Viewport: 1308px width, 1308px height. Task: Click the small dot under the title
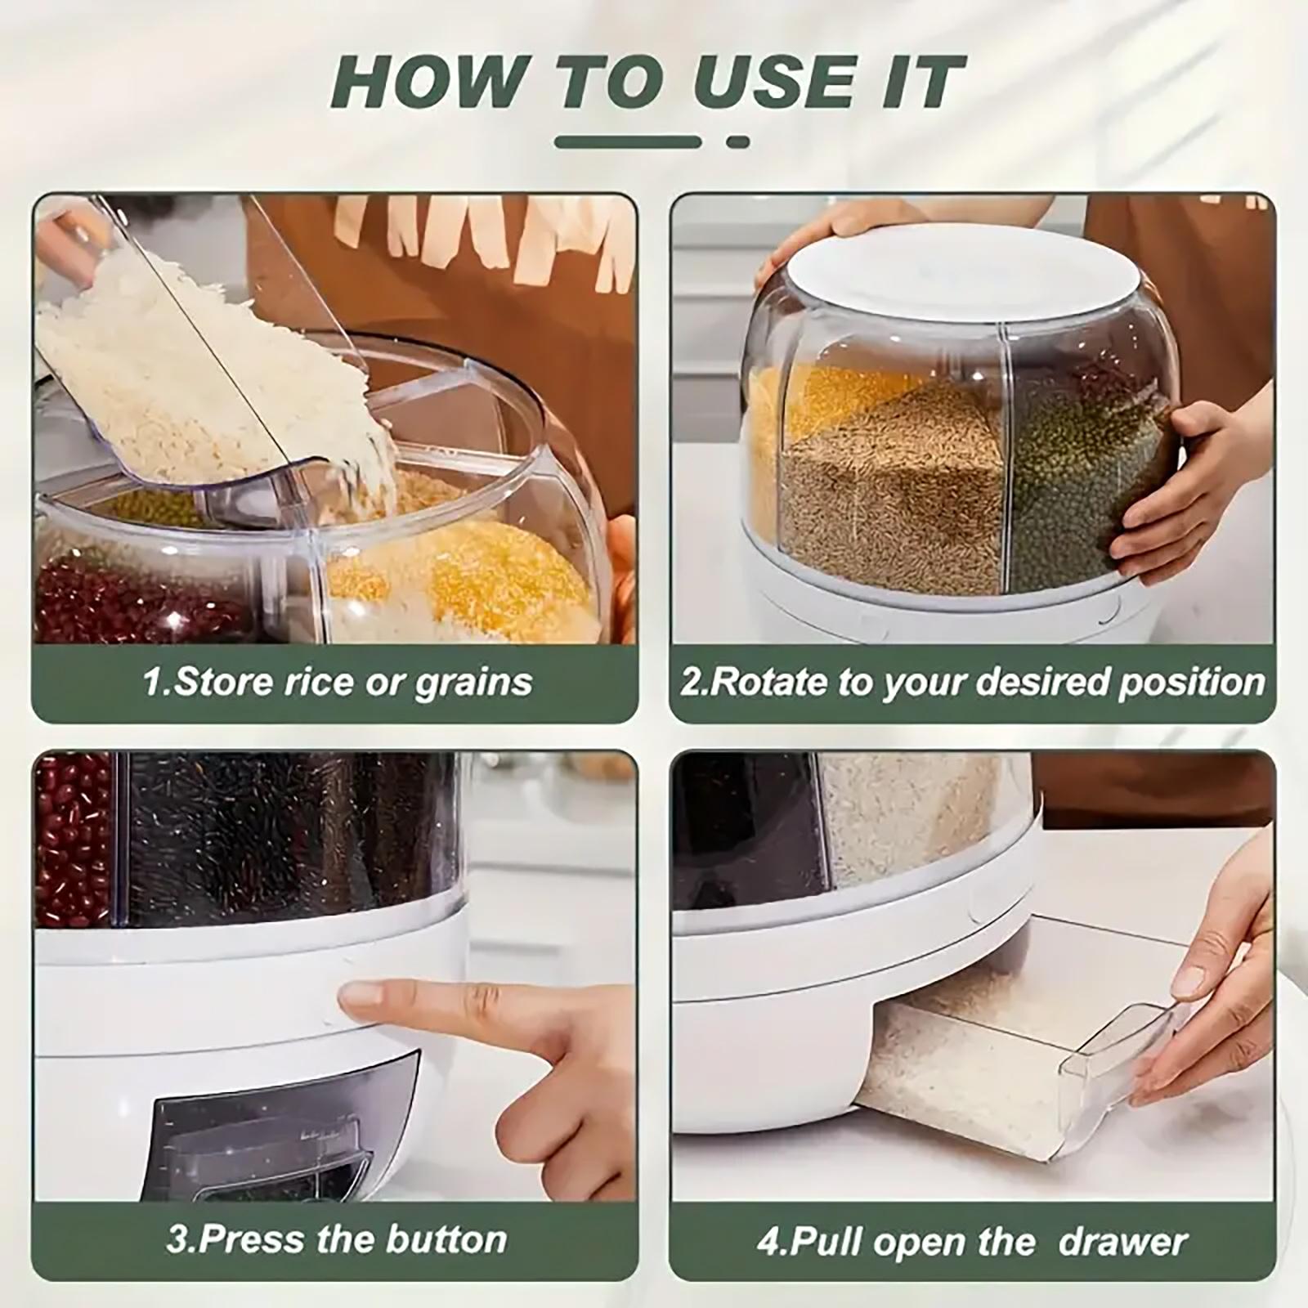click(x=737, y=142)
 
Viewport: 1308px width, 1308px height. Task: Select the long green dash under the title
click(x=628, y=142)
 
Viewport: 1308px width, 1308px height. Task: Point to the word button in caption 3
click(x=446, y=1239)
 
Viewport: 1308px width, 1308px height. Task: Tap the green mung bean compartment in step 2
click(x=1079, y=482)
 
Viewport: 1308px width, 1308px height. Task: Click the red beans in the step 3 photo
click(x=72, y=842)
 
